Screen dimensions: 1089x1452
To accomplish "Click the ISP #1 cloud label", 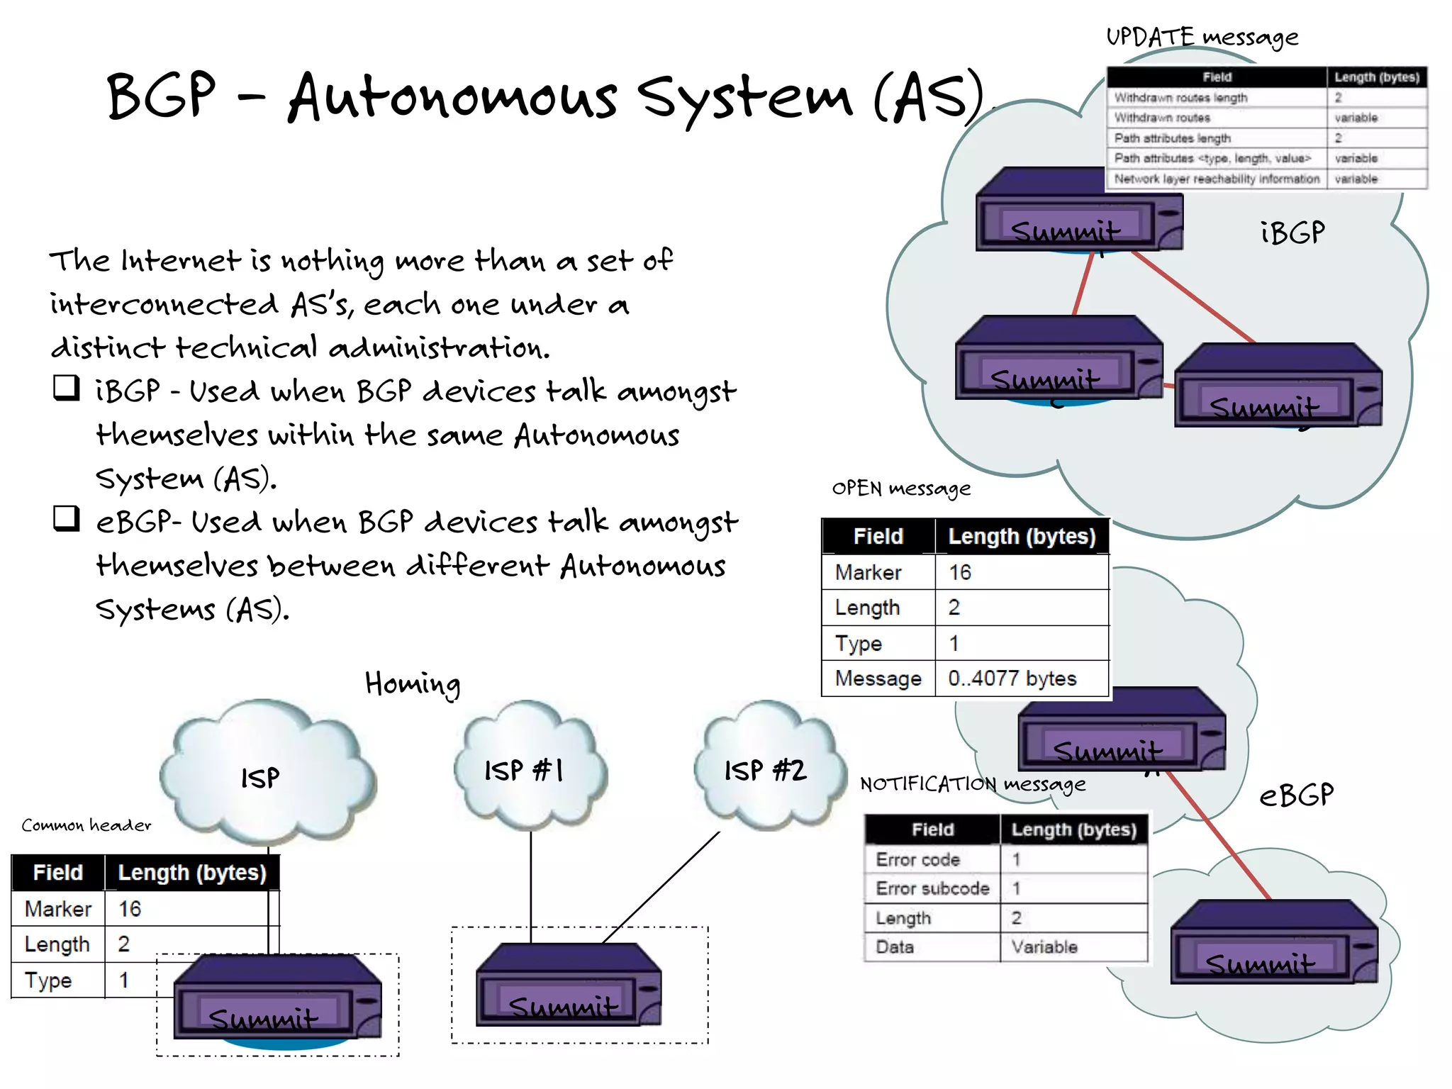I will click(x=524, y=770).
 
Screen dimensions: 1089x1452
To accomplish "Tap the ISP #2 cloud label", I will click(x=765, y=770).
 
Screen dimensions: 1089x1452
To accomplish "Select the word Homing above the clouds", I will click(x=413, y=684).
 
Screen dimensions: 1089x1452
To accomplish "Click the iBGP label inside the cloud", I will click(x=1292, y=233).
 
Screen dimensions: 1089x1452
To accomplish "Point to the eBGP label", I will click(x=1296, y=795).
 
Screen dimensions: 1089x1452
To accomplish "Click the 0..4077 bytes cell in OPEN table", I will click(x=1012, y=678).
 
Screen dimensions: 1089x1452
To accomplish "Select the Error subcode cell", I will click(x=932, y=888).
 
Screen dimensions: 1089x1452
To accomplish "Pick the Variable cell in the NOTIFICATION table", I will click(x=1044, y=946).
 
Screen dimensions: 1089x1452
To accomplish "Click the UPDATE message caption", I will click(x=1202, y=37).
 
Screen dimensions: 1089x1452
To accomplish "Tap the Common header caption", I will click(x=86, y=825).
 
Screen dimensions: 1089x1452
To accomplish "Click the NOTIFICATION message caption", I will click(x=972, y=784).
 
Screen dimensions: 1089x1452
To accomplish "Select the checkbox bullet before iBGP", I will click(x=67, y=388).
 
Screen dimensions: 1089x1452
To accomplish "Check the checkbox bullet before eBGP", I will click(x=67, y=518).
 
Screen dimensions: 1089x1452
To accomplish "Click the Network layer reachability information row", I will click(x=1217, y=179).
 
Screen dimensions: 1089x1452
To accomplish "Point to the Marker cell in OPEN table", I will click(x=868, y=572).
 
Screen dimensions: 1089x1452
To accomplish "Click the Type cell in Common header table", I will click(x=48, y=980).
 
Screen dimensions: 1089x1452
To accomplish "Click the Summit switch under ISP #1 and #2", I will click(x=569, y=985).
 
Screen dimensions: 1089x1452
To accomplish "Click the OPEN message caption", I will click(x=900, y=488).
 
